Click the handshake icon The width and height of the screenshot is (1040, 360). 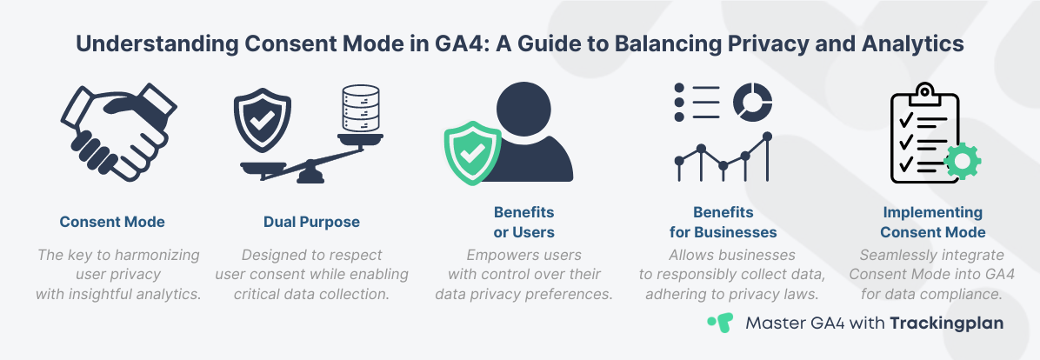pos(113,135)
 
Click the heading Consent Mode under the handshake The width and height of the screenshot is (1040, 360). pos(112,222)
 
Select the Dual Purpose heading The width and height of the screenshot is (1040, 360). pos(311,222)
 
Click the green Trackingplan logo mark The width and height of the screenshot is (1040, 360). pos(718,323)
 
